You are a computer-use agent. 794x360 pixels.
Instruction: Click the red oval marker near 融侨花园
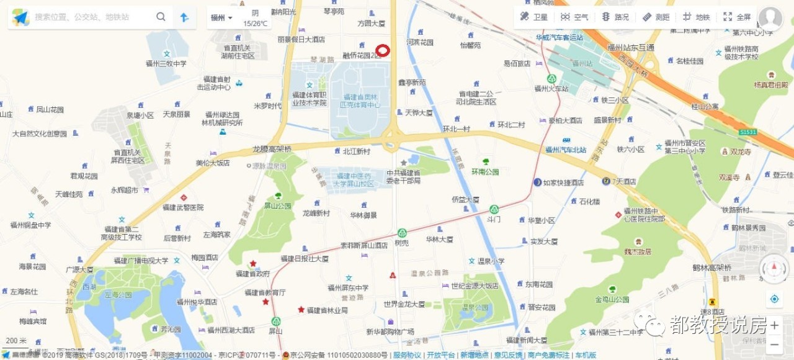(x=383, y=51)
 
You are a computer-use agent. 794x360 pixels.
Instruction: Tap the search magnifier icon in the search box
(x=161, y=17)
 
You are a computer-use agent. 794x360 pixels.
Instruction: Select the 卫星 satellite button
(x=534, y=17)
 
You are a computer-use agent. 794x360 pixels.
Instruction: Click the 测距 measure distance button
(x=656, y=17)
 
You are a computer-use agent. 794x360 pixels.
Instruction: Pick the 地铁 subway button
(x=696, y=17)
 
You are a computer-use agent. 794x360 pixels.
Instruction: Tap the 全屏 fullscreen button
(x=737, y=17)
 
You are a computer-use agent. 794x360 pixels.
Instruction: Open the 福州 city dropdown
(x=221, y=17)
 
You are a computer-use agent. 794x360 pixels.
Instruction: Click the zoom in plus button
(x=774, y=325)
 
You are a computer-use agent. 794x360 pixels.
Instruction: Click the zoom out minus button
(x=774, y=344)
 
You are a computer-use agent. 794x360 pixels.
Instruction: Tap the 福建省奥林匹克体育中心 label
(x=360, y=101)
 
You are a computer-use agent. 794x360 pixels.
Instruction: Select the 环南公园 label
(x=485, y=172)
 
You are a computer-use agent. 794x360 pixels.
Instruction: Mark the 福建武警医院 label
(x=183, y=207)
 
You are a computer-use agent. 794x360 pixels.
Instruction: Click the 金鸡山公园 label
(x=612, y=299)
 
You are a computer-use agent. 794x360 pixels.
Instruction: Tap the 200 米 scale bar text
(x=16, y=341)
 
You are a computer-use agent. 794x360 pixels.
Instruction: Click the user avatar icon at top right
(x=770, y=18)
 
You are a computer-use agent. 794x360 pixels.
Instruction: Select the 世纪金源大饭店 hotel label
(x=475, y=286)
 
